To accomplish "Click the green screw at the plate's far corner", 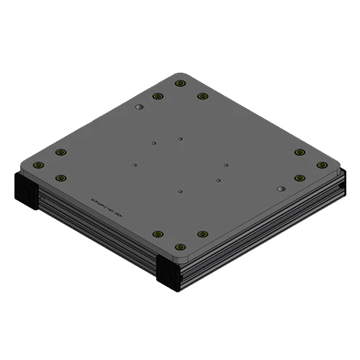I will (x=180, y=84).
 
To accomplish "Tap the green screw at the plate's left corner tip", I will (x=38, y=165).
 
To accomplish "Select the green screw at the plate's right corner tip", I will (x=322, y=165).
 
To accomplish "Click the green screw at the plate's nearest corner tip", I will (x=180, y=246).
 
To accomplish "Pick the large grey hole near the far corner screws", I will (x=139, y=107).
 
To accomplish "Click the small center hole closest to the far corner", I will (x=181, y=137).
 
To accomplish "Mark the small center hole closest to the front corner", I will (x=180, y=192).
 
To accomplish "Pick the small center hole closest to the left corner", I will (x=135, y=165).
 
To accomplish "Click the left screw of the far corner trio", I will (x=158, y=96).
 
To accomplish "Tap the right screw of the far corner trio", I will (x=202, y=96).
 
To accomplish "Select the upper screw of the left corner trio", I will (x=60, y=152).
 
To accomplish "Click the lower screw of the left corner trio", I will (x=60, y=177).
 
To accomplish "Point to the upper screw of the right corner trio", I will (x=300, y=152).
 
